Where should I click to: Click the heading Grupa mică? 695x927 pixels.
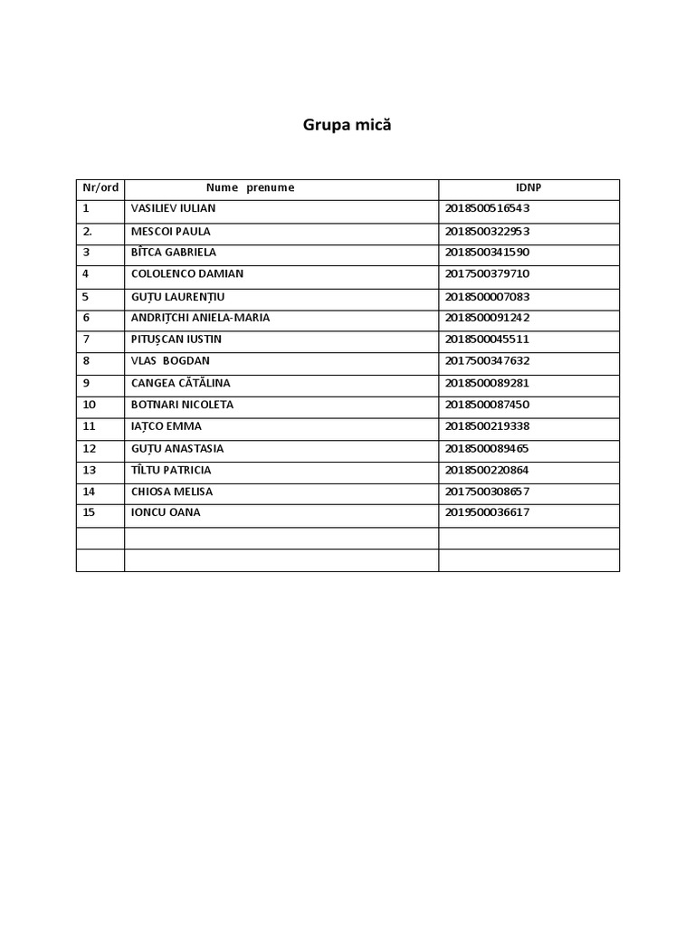coord(347,126)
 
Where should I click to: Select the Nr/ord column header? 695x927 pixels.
coord(100,188)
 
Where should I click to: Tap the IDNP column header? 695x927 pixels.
coord(528,188)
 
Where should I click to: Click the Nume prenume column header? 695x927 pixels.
coord(250,188)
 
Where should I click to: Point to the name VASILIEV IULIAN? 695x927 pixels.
coord(173,208)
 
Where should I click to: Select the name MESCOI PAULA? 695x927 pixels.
coord(170,231)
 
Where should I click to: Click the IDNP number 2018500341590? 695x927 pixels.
coord(487,253)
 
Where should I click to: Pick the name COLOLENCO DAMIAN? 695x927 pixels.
coord(186,274)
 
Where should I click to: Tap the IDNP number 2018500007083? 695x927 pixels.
coord(487,296)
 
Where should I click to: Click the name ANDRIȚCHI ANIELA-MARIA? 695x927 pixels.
coord(200,318)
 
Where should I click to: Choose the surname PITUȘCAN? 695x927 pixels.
coord(155,339)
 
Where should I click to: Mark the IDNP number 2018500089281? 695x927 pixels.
coord(487,383)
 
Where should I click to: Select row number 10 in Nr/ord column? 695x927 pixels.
coord(89,405)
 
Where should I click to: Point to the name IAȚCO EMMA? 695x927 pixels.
coord(167,426)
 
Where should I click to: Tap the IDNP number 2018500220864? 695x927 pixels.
coord(487,470)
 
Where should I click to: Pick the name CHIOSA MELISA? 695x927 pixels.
coord(172,492)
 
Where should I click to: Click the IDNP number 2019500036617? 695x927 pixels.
coord(487,512)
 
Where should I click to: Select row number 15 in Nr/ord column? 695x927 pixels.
coord(89,512)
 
